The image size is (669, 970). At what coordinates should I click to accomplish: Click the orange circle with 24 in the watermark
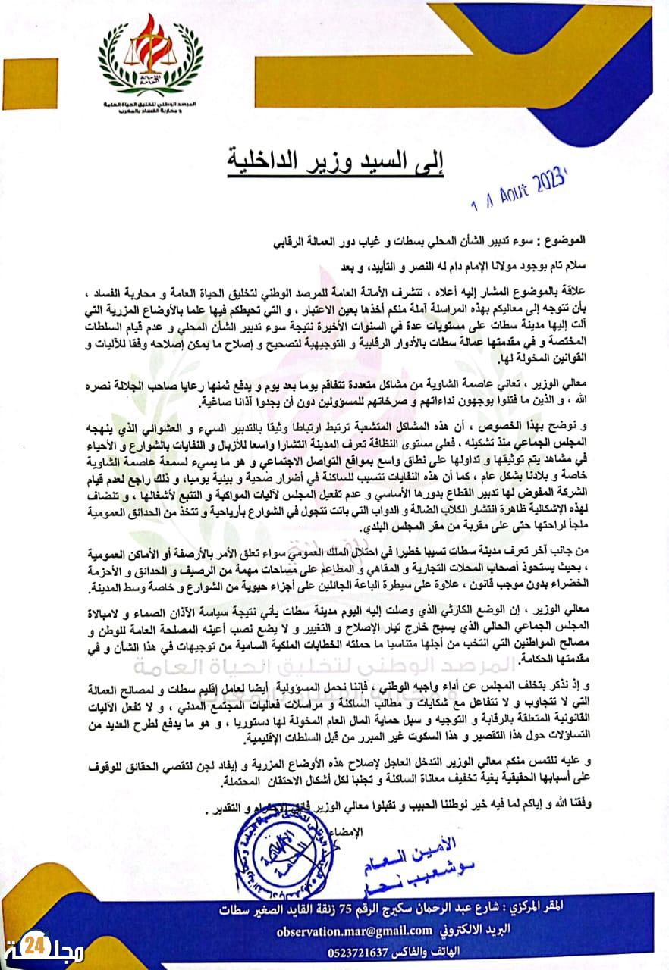[x=35, y=946]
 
